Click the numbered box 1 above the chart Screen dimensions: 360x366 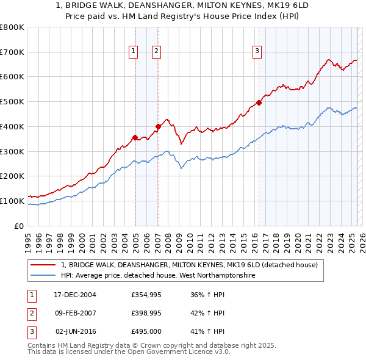coord(133,52)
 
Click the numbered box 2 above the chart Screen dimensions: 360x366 coord(156,52)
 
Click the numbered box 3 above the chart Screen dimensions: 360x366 coord(257,52)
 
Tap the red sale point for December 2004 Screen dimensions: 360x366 coord(135,137)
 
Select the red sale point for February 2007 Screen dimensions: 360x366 coord(158,126)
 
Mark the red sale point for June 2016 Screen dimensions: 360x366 coord(259,103)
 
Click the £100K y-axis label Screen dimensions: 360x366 coord(12,201)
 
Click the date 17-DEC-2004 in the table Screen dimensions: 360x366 coord(75,295)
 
